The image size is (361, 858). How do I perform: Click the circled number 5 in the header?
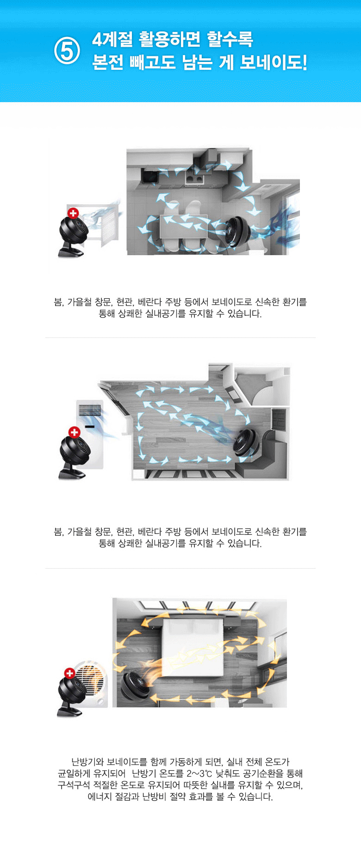click(67, 50)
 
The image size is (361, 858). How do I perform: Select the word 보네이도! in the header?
click(273, 62)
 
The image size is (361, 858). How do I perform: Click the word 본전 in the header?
click(107, 62)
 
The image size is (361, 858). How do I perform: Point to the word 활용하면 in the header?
click(169, 39)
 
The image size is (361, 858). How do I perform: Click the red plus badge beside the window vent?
click(73, 213)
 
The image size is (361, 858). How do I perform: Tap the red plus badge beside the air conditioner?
click(74, 432)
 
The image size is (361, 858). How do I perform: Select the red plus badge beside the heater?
click(69, 673)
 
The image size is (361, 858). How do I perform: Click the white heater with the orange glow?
click(92, 684)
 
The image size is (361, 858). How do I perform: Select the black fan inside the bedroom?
click(135, 685)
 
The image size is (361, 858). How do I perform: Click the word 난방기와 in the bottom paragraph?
click(87, 762)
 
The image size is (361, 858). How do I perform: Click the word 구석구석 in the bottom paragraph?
click(74, 785)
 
